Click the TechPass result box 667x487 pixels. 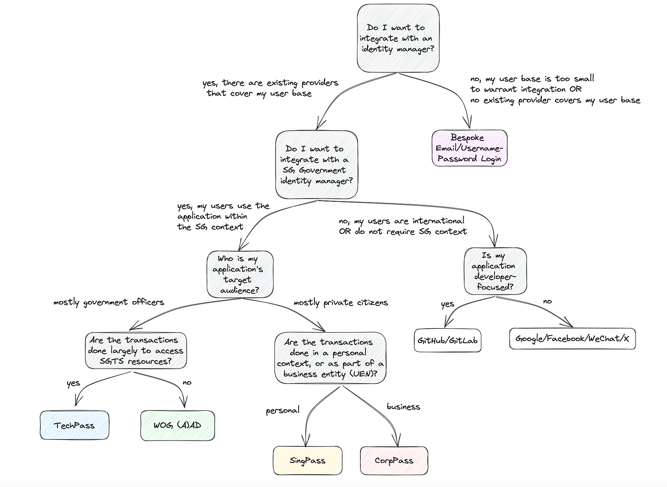point(74,425)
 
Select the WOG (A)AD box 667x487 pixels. point(177,425)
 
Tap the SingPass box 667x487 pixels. point(307,460)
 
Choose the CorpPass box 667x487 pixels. point(394,460)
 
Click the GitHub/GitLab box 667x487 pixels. point(447,341)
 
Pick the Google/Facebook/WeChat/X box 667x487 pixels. point(572,339)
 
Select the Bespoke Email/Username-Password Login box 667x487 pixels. point(469,148)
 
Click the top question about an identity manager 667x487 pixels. point(398,38)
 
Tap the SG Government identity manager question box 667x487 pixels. point(317,165)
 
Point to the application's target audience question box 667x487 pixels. point(240,274)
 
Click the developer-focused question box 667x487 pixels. point(495,271)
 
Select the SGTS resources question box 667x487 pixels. point(136,350)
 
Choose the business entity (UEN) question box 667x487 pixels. point(330,358)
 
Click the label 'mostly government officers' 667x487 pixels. point(109,302)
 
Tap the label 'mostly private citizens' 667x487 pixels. point(340,303)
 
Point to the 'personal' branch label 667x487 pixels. point(282,410)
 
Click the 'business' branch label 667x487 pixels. point(403,407)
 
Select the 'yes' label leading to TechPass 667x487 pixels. point(73,383)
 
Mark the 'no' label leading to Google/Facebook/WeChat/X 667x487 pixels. point(547,301)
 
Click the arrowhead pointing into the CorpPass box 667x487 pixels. point(397,442)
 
